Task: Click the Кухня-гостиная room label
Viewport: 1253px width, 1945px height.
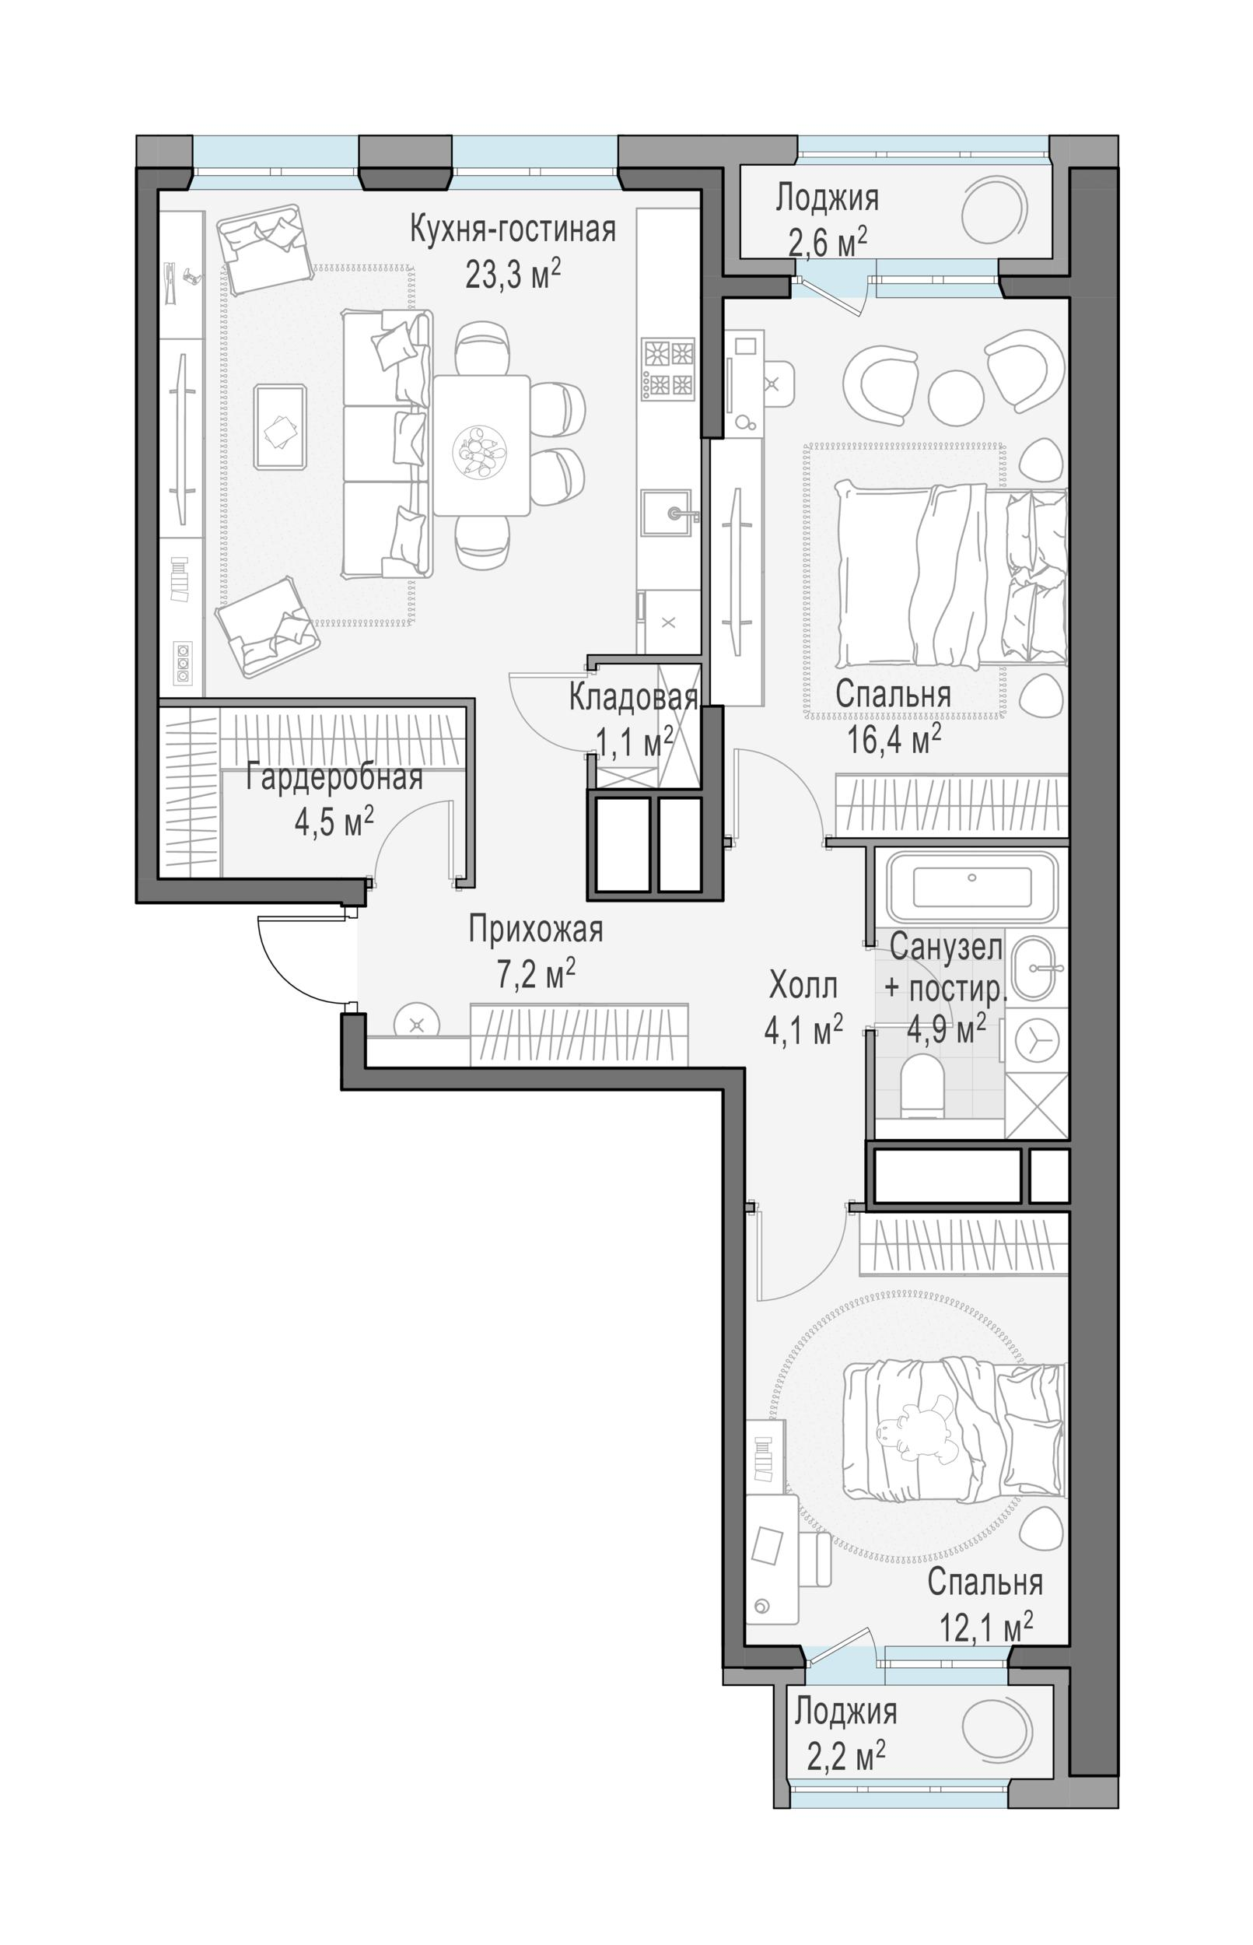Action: coord(513,230)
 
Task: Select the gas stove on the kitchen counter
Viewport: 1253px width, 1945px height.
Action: coord(668,370)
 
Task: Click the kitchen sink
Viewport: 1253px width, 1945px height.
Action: coord(667,513)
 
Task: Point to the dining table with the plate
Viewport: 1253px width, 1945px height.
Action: coord(481,445)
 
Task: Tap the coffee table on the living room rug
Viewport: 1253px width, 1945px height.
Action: coord(280,427)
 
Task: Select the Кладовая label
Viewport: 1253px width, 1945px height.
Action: coord(633,697)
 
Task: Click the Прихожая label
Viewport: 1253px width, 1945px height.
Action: coord(535,930)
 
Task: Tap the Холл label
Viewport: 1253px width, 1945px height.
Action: coord(803,987)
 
